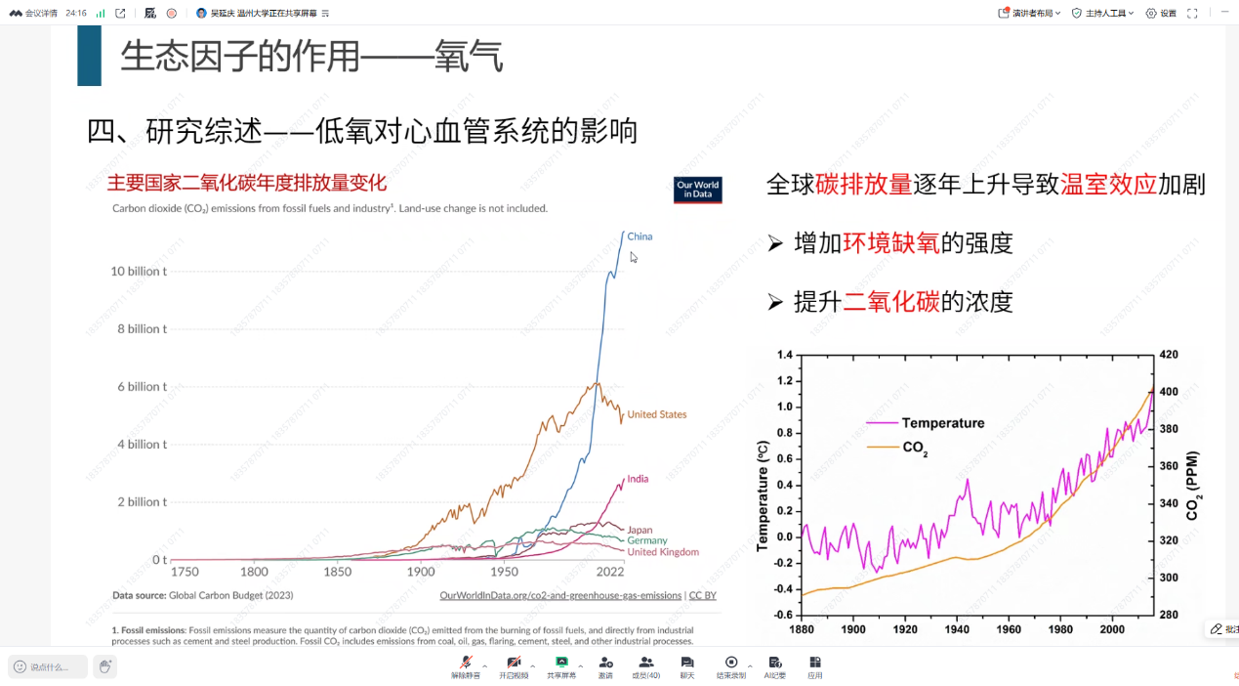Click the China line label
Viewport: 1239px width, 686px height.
point(640,236)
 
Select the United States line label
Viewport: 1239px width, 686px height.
point(656,414)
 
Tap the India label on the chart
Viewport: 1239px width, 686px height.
point(638,479)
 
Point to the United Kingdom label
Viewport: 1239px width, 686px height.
point(663,552)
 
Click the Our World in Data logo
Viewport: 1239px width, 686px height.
point(697,190)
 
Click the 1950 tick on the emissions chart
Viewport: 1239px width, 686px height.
point(504,572)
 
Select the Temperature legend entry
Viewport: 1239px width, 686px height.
point(942,423)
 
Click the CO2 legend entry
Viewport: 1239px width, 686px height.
point(915,448)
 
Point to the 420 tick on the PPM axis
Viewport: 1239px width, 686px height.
point(1169,355)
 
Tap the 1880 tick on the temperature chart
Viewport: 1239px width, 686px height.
point(801,629)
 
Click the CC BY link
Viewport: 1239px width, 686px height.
point(702,595)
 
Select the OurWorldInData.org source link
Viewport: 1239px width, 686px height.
point(560,595)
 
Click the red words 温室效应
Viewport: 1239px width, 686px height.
point(1108,185)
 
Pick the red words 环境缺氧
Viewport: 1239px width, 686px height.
point(890,243)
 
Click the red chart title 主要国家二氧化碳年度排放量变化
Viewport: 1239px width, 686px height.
point(247,183)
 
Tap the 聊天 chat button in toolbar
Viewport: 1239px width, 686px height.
point(687,667)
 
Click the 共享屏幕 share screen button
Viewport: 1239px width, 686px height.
point(561,667)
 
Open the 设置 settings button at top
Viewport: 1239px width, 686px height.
point(1161,14)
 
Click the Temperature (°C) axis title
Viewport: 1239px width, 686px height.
point(763,494)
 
